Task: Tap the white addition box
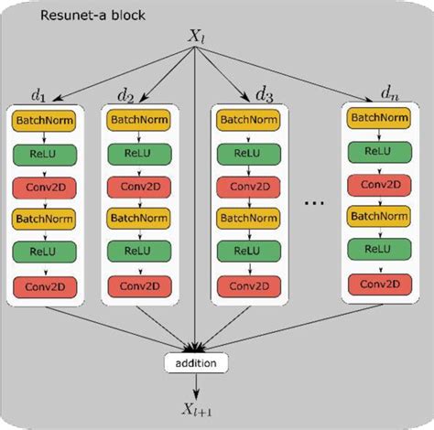(x=195, y=364)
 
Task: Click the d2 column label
(x=127, y=94)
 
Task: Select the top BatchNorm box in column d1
(x=47, y=120)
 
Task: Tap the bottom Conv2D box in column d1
(x=47, y=288)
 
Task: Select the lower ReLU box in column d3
(x=248, y=253)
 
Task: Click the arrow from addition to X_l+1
(x=195, y=384)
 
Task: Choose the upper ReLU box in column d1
(x=47, y=153)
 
